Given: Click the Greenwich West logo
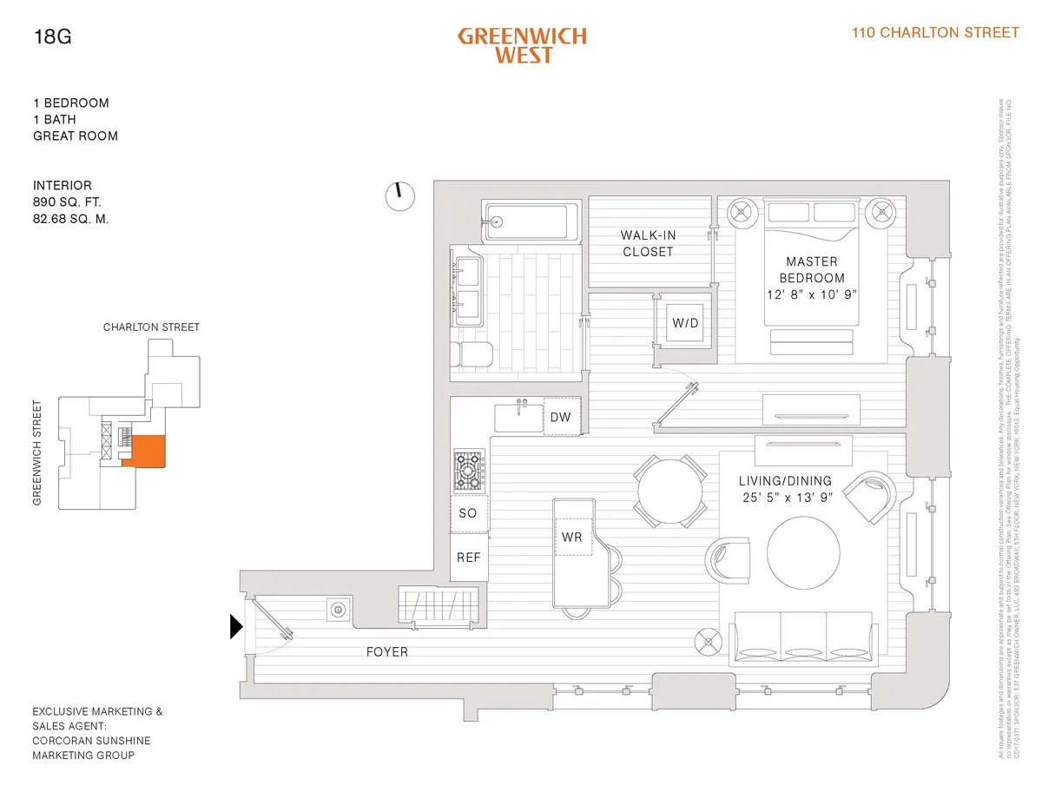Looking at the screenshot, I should pyautogui.click(x=522, y=45).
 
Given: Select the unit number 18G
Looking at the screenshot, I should pyautogui.click(x=49, y=36).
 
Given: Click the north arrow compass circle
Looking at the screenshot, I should pyautogui.click(x=399, y=195).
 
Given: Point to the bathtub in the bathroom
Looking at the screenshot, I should pyautogui.click(x=530, y=221).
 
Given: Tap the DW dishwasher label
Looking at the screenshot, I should pyautogui.click(x=560, y=418).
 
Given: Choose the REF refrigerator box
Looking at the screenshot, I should pyautogui.click(x=468, y=558).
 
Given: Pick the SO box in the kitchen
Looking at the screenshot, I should pyautogui.click(x=468, y=513).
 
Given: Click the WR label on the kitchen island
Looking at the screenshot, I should pyautogui.click(x=571, y=538).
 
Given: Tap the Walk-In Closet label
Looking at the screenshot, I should pyautogui.click(x=647, y=243).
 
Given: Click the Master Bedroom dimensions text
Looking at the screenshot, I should pyautogui.click(x=811, y=294).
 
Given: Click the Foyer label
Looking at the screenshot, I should pyautogui.click(x=386, y=651).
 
